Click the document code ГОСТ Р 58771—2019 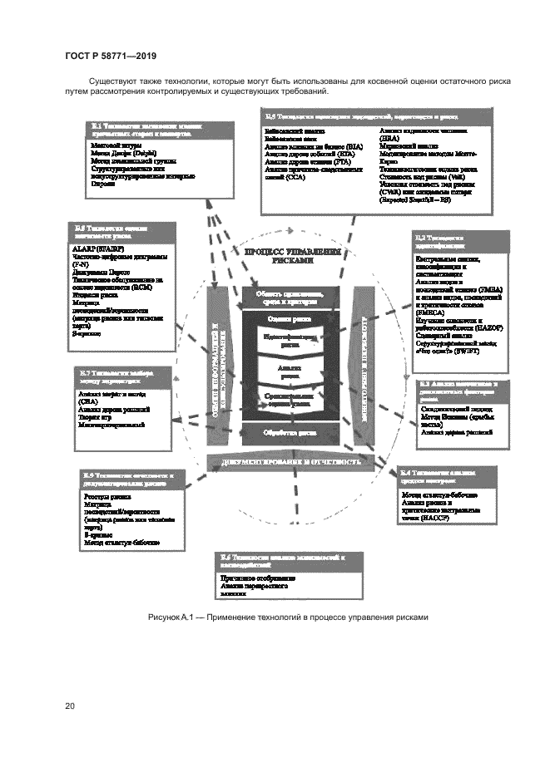coord(111,57)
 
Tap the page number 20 coord(70,706)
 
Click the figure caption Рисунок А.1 coord(288,617)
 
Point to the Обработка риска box coord(288,433)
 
